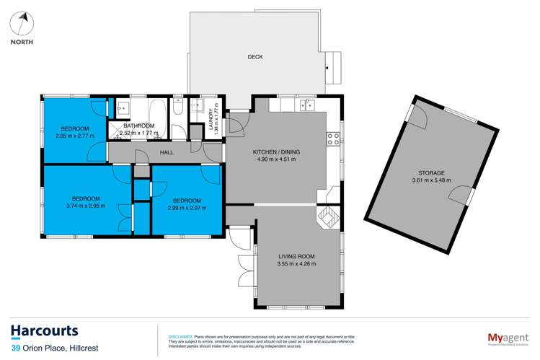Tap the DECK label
pos(254,57)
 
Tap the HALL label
pos(167,153)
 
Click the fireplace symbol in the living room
pos(328,216)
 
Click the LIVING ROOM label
pos(297,256)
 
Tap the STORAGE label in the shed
pos(432,173)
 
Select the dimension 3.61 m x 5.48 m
pos(432,181)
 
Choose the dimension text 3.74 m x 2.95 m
pos(85,206)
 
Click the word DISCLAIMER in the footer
pos(180,336)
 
